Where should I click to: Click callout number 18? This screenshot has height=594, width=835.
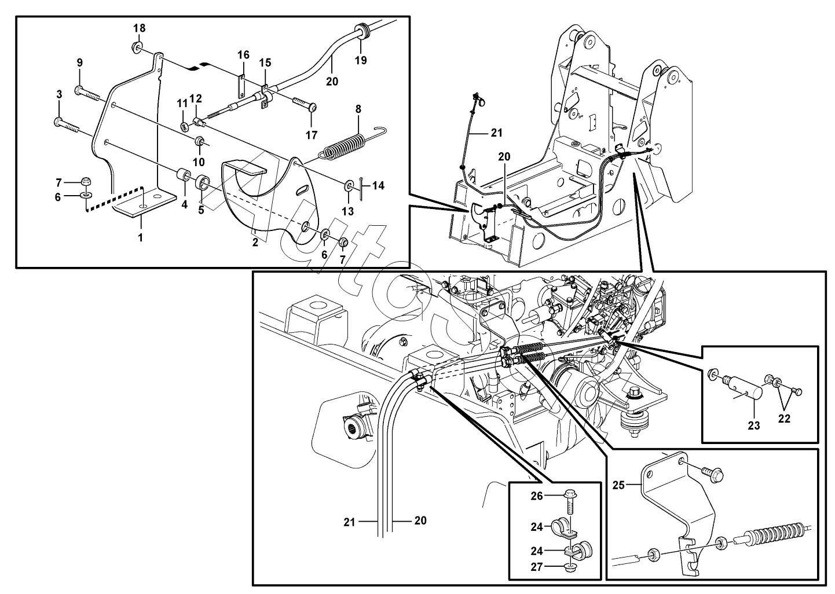pyautogui.click(x=140, y=28)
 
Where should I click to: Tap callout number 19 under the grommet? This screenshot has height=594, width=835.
pyautogui.click(x=361, y=60)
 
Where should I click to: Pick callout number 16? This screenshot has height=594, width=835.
pyautogui.click(x=243, y=55)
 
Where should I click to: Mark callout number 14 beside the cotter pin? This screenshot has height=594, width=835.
pyautogui.click(x=378, y=186)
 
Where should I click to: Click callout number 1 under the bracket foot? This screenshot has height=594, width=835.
pyautogui.click(x=140, y=237)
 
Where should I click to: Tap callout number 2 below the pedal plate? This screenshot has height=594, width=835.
pyautogui.click(x=255, y=243)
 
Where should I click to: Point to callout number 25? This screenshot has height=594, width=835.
pyautogui.click(x=618, y=485)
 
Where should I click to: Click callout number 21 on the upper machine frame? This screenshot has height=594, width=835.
pyautogui.click(x=496, y=133)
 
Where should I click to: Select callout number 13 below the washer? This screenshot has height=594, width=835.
pyautogui.click(x=347, y=211)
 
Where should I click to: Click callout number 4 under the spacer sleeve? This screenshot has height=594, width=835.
pyautogui.click(x=184, y=204)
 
